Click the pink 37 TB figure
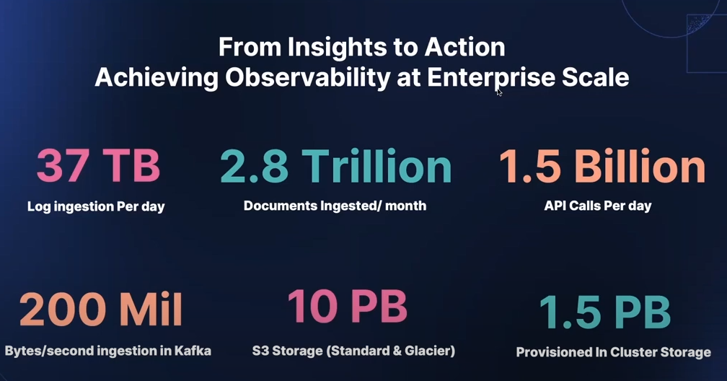click(x=98, y=166)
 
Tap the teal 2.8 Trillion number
click(x=335, y=166)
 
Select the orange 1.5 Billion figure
click(x=602, y=166)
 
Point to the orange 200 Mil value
click(x=101, y=309)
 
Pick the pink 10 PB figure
click(x=348, y=306)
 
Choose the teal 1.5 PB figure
click(x=605, y=312)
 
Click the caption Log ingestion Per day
click(x=96, y=206)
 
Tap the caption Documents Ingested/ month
click(x=335, y=206)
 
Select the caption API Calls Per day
click(x=598, y=206)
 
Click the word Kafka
click(x=193, y=351)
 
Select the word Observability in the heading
click(x=308, y=77)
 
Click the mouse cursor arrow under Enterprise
click(x=499, y=92)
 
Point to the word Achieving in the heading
click(x=157, y=77)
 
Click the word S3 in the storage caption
click(x=260, y=351)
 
